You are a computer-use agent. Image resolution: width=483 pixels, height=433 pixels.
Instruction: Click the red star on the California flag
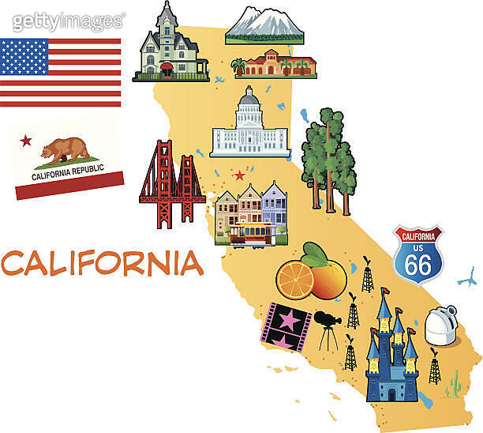click(26, 141)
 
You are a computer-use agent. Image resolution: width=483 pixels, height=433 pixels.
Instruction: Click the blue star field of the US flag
click(24, 57)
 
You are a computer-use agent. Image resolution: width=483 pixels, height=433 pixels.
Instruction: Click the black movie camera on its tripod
click(326, 321)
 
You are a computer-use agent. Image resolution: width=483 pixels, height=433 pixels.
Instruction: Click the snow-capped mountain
click(264, 25)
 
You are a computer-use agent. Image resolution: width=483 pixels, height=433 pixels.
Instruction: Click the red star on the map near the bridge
click(239, 175)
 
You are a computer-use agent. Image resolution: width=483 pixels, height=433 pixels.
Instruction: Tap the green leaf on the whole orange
click(315, 254)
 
